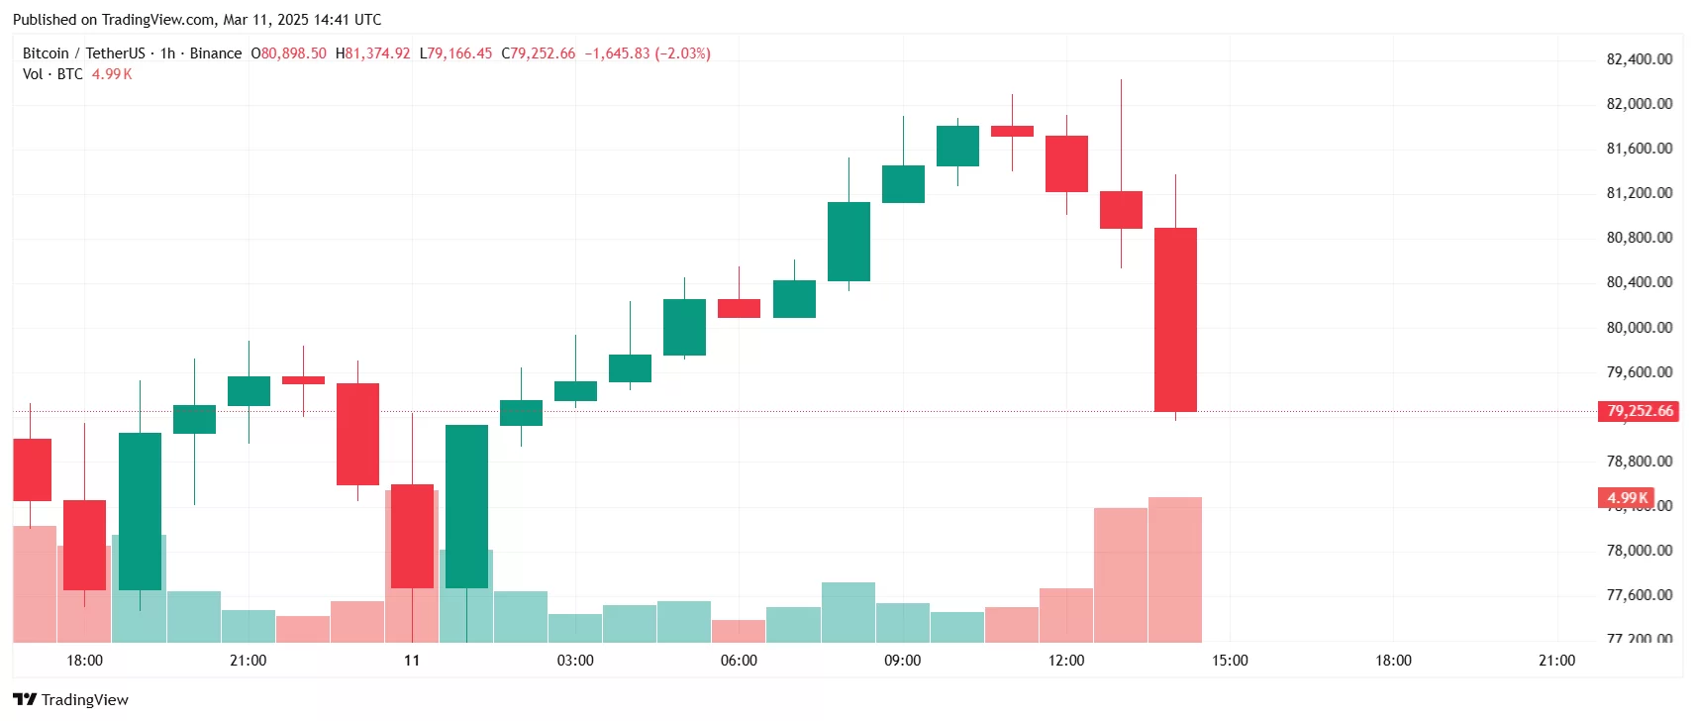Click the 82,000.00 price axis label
[1639, 104]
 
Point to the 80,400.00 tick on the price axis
[1639, 282]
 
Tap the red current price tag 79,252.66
[1639, 411]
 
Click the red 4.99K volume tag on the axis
[1626, 498]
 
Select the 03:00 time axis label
[575, 661]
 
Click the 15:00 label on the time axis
[1230, 661]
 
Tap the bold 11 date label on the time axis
[412, 661]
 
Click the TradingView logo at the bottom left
[71, 699]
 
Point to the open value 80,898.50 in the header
[293, 53]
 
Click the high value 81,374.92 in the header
[377, 53]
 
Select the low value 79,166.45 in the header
[460, 53]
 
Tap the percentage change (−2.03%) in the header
[682, 53]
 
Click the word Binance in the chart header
[216, 53]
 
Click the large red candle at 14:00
[1175, 319]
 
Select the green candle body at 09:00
[903, 184]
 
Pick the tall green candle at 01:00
[466, 506]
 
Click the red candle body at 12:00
[1066, 163]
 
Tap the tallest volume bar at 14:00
[1175, 569]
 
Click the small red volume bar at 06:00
[739, 631]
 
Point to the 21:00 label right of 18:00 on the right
[1556, 661]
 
